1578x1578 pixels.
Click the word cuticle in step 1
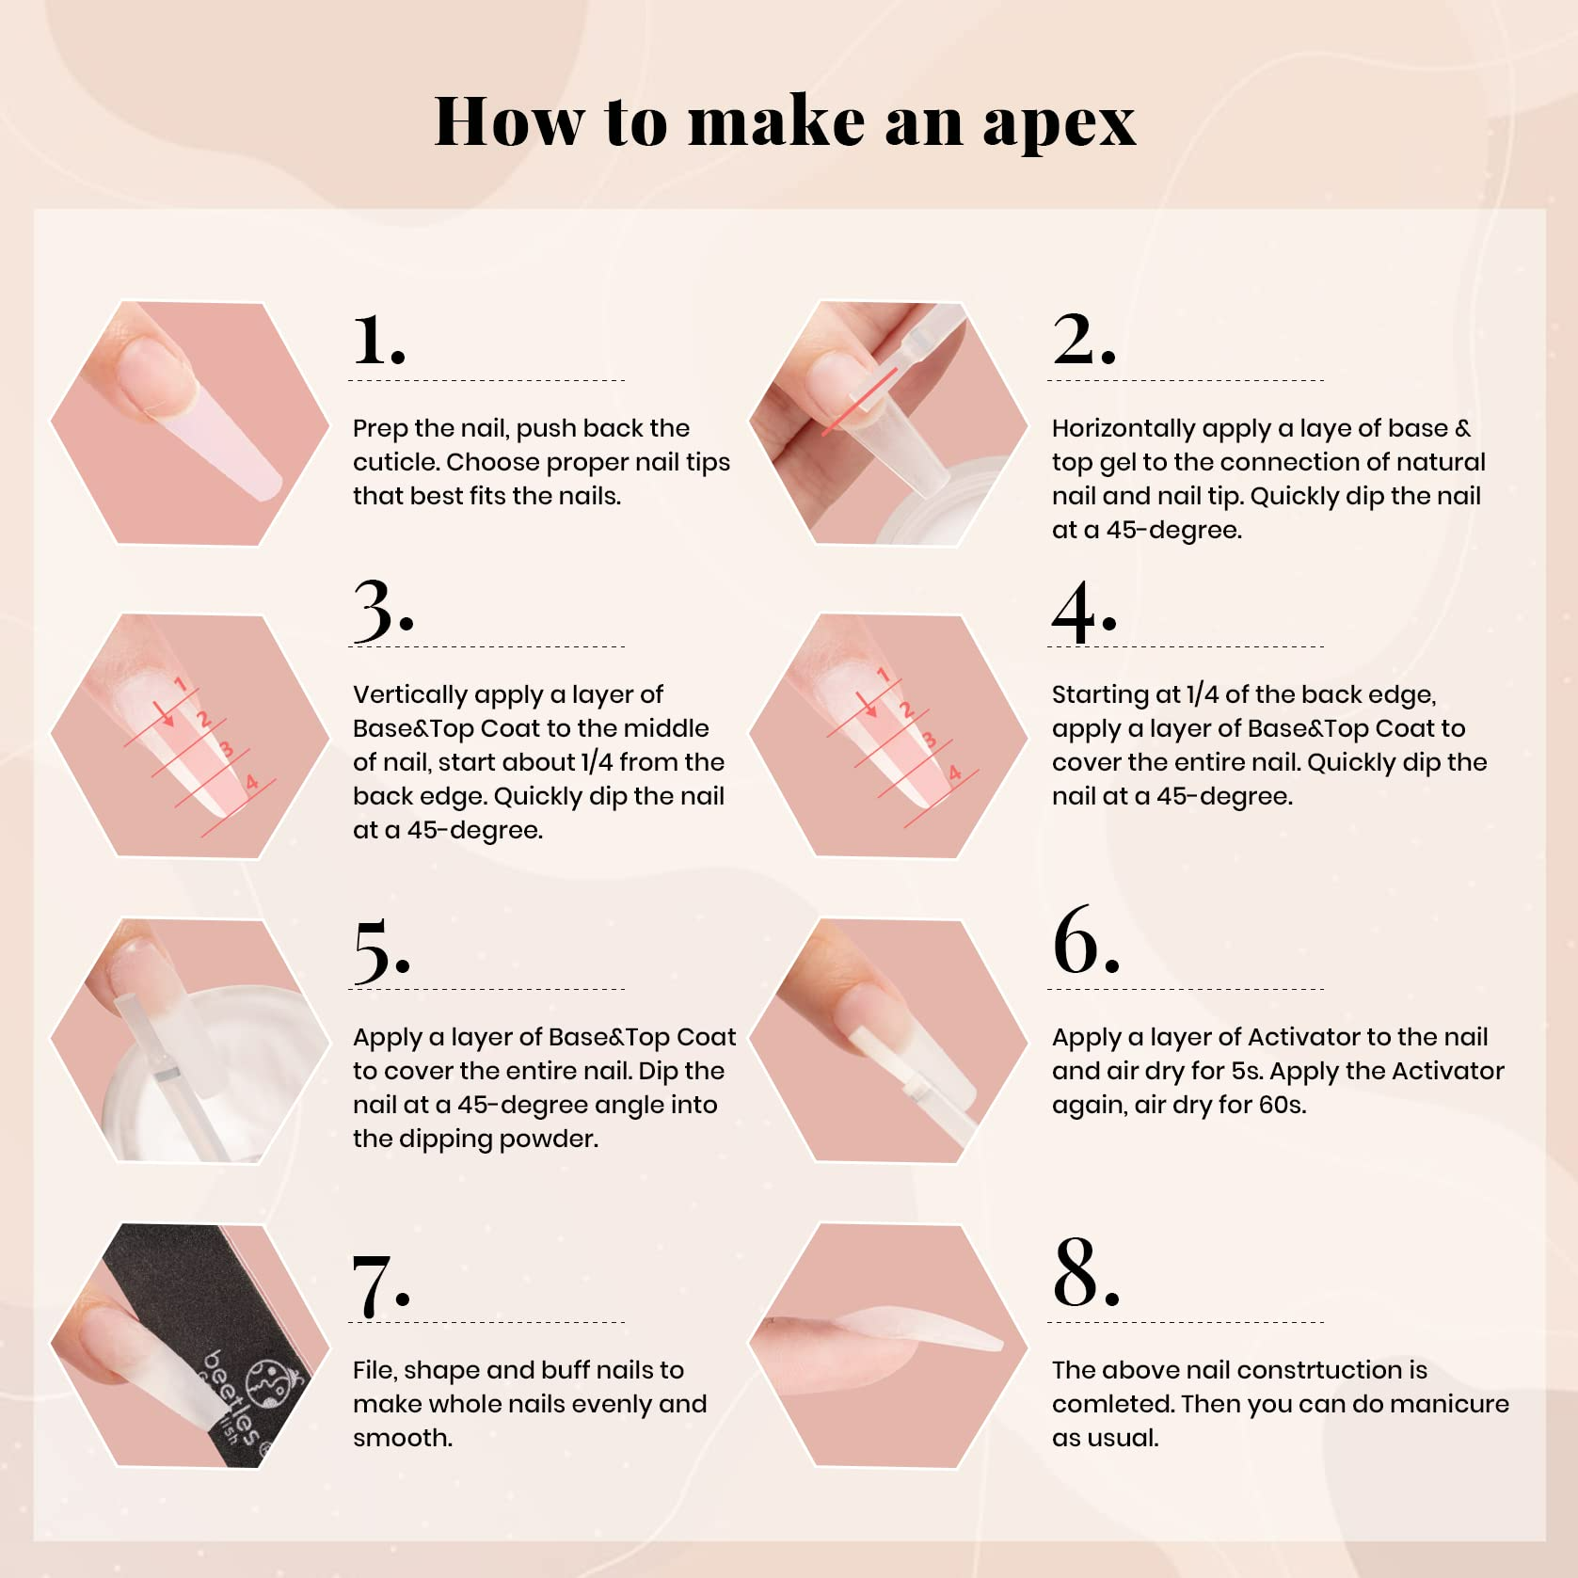395,462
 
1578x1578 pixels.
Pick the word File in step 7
374,1370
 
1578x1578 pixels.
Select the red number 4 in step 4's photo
955,773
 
